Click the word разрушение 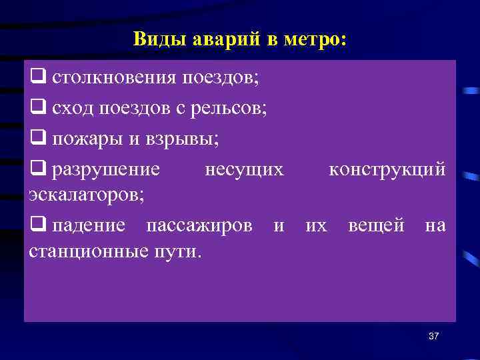107,170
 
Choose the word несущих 244,170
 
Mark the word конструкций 387,170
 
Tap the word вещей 376,226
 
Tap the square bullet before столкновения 37,78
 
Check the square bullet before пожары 37,140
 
